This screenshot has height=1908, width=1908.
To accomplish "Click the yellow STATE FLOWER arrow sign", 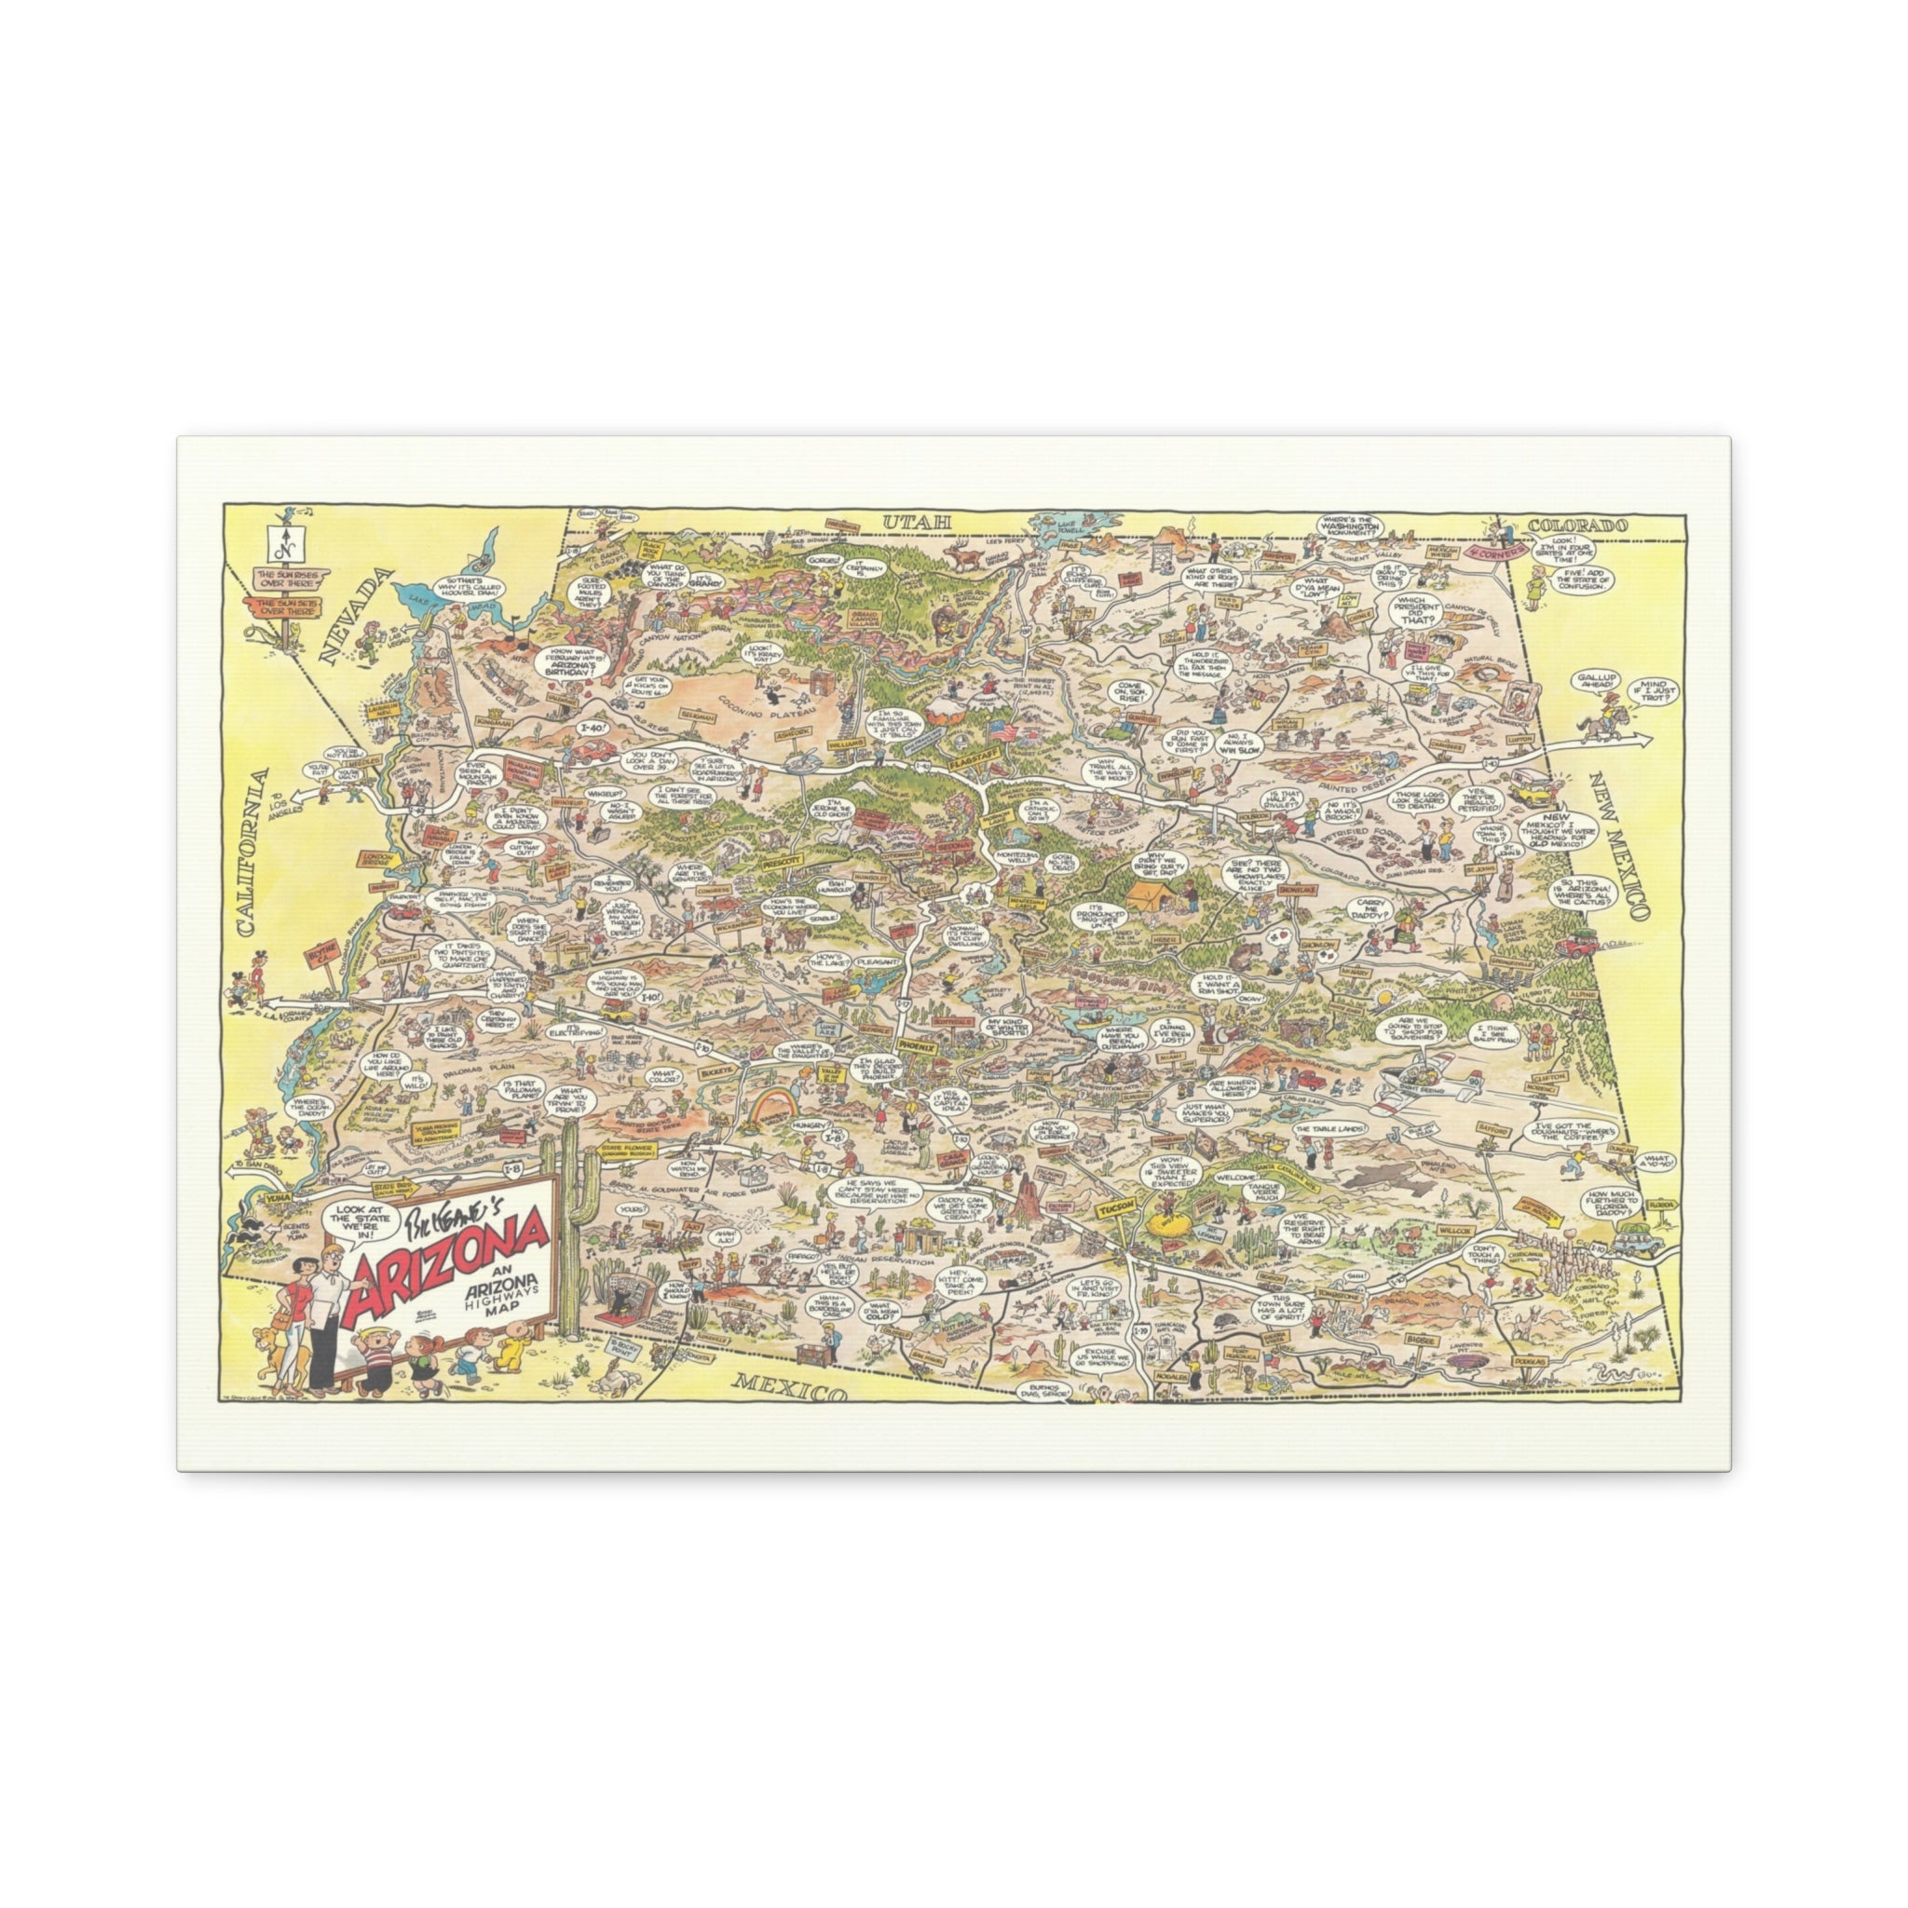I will click(625, 1148).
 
